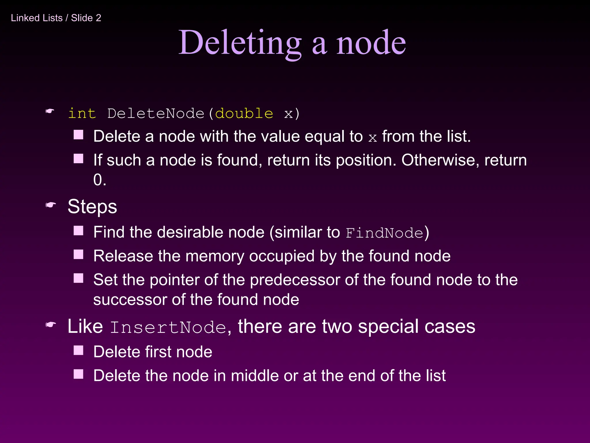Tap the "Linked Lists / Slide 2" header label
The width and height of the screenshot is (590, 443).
pyautogui.click(x=56, y=18)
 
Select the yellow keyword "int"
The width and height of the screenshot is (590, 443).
pyautogui.click(x=82, y=113)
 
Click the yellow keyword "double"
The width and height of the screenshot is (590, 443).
pyautogui.click(x=244, y=113)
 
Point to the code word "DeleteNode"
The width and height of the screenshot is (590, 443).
pyautogui.click(x=156, y=113)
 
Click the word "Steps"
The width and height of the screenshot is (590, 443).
pyautogui.click(x=92, y=207)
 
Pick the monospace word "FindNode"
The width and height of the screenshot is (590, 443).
pyautogui.click(x=384, y=233)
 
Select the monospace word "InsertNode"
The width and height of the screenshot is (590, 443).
pyautogui.click(x=168, y=327)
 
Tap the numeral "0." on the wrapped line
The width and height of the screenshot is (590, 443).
pyautogui.click(x=100, y=180)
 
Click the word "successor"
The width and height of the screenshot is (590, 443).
pyautogui.click(x=130, y=300)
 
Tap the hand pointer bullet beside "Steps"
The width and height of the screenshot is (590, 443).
pyautogui.click(x=50, y=205)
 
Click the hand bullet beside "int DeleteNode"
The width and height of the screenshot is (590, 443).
pyautogui.click(x=50, y=111)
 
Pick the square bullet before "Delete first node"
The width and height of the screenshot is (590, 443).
pyautogui.click(x=78, y=350)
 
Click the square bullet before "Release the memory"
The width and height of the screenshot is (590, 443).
pyautogui.click(x=78, y=255)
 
